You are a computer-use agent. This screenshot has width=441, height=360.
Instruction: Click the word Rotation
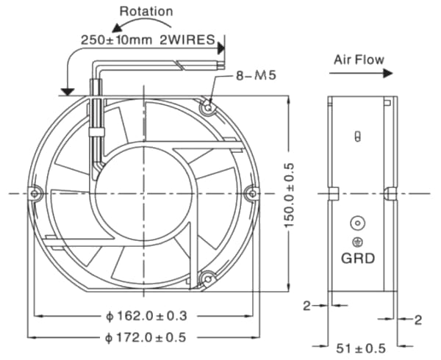(x=146, y=11)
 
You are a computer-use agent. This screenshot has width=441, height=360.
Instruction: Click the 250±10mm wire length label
(x=116, y=38)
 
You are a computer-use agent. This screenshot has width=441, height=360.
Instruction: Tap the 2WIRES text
(x=187, y=38)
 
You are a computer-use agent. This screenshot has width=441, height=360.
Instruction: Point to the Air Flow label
(x=359, y=59)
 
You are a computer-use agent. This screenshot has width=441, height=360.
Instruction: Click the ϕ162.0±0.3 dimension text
(x=146, y=316)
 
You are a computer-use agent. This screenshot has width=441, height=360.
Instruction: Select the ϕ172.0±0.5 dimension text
(x=146, y=337)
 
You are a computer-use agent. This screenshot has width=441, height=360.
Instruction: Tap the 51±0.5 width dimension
(x=360, y=348)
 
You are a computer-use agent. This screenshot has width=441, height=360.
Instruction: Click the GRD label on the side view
(x=358, y=258)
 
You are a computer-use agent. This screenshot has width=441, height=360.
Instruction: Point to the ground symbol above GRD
(x=358, y=240)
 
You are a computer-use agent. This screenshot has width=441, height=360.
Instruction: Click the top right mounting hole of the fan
(x=209, y=107)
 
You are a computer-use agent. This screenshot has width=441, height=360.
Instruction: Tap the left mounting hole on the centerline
(x=35, y=193)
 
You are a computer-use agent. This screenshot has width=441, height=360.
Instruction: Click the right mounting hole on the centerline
(x=252, y=193)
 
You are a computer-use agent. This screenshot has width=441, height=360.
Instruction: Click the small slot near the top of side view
(x=358, y=137)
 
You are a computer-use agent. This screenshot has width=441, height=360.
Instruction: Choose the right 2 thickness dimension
(x=417, y=320)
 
